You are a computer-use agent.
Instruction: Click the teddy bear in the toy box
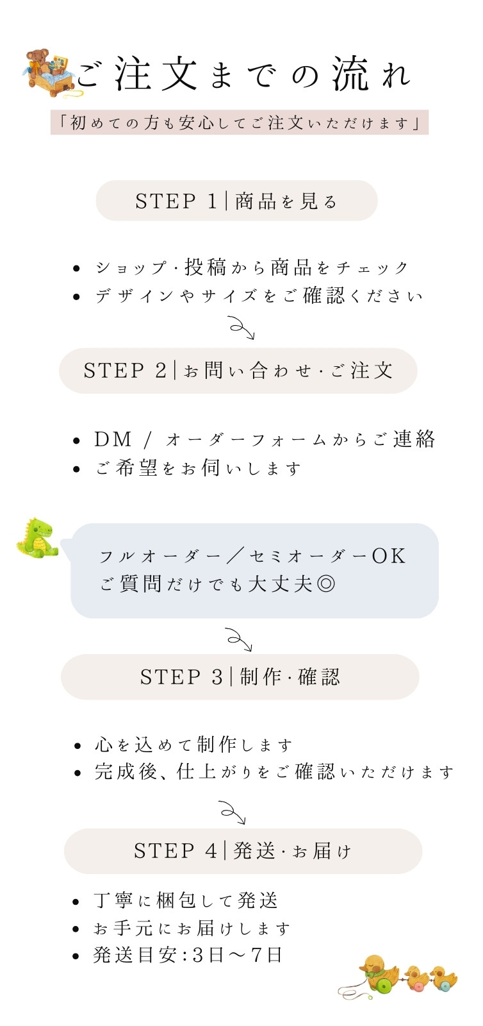point(38,62)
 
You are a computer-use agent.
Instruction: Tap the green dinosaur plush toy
point(38,538)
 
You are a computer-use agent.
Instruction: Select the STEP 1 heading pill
point(236,201)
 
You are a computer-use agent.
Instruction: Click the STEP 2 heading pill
point(238,371)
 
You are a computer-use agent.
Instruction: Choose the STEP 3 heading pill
point(240,677)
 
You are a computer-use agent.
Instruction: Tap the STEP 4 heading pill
point(243,851)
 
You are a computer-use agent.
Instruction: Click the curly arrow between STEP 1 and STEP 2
point(242,327)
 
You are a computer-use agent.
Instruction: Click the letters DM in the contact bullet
point(113,440)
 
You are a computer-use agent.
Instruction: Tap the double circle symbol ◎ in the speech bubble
point(325,584)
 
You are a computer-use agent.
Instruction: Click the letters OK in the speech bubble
point(388,556)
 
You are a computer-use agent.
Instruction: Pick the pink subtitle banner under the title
point(239,122)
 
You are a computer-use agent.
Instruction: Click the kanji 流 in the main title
point(350,73)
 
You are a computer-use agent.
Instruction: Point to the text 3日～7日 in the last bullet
point(237,955)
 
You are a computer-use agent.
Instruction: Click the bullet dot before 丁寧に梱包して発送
point(76,902)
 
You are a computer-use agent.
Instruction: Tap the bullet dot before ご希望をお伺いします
point(76,469)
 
